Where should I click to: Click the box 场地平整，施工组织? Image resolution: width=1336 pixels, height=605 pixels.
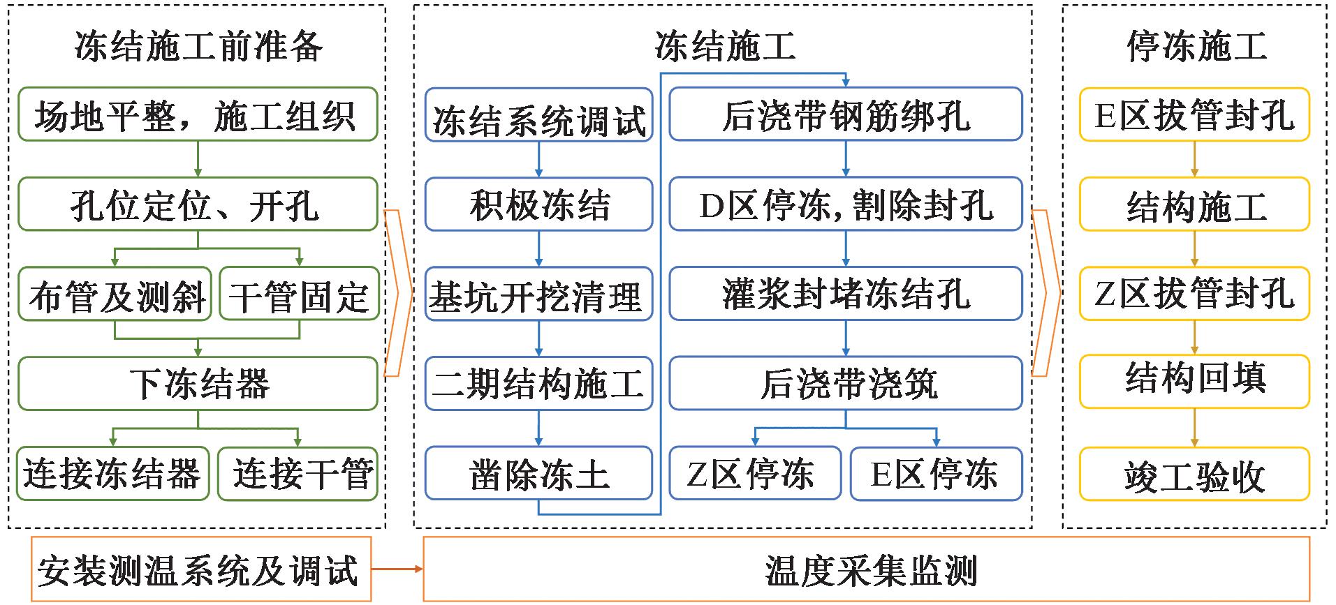[x=198, y=114]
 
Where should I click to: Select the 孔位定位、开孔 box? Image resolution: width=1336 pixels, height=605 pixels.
[x=198, y=204]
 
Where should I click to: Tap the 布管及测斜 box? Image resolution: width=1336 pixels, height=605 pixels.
[x=115, y=294]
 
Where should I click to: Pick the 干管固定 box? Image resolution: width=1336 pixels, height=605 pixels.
[x=299, y=294]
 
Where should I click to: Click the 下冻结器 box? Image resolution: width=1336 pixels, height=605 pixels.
[x=198, y=384]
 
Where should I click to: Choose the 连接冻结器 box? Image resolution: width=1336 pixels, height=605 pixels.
[x=113, y=474]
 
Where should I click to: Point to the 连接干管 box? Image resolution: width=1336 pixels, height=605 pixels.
[x=298, y=474]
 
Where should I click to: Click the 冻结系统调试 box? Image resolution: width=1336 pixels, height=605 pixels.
[x=538, y=115]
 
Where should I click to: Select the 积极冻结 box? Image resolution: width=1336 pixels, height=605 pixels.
[x=538, y=204]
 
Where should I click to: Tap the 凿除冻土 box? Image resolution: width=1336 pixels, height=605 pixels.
[x=538, y=474]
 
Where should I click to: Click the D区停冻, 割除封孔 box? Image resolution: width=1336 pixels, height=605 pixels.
[x=846, y=204]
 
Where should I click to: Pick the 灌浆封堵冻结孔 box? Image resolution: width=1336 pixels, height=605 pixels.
[x=846, y=294]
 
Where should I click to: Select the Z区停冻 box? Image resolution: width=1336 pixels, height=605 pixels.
[x=755, y=474]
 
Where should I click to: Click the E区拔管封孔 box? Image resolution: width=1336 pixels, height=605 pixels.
[x=1194, y=114]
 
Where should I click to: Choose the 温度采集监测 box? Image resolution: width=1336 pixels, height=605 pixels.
[x=866, y=569]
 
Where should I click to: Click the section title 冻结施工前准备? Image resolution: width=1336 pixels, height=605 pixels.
[x=198, y=46]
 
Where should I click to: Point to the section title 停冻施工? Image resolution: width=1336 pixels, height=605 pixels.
[x=1196, y=46]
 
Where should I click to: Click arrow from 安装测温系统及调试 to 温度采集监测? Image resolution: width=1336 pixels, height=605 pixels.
[x=397, y=569]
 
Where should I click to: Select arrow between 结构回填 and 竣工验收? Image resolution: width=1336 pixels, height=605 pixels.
[x=1194, y=428]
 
